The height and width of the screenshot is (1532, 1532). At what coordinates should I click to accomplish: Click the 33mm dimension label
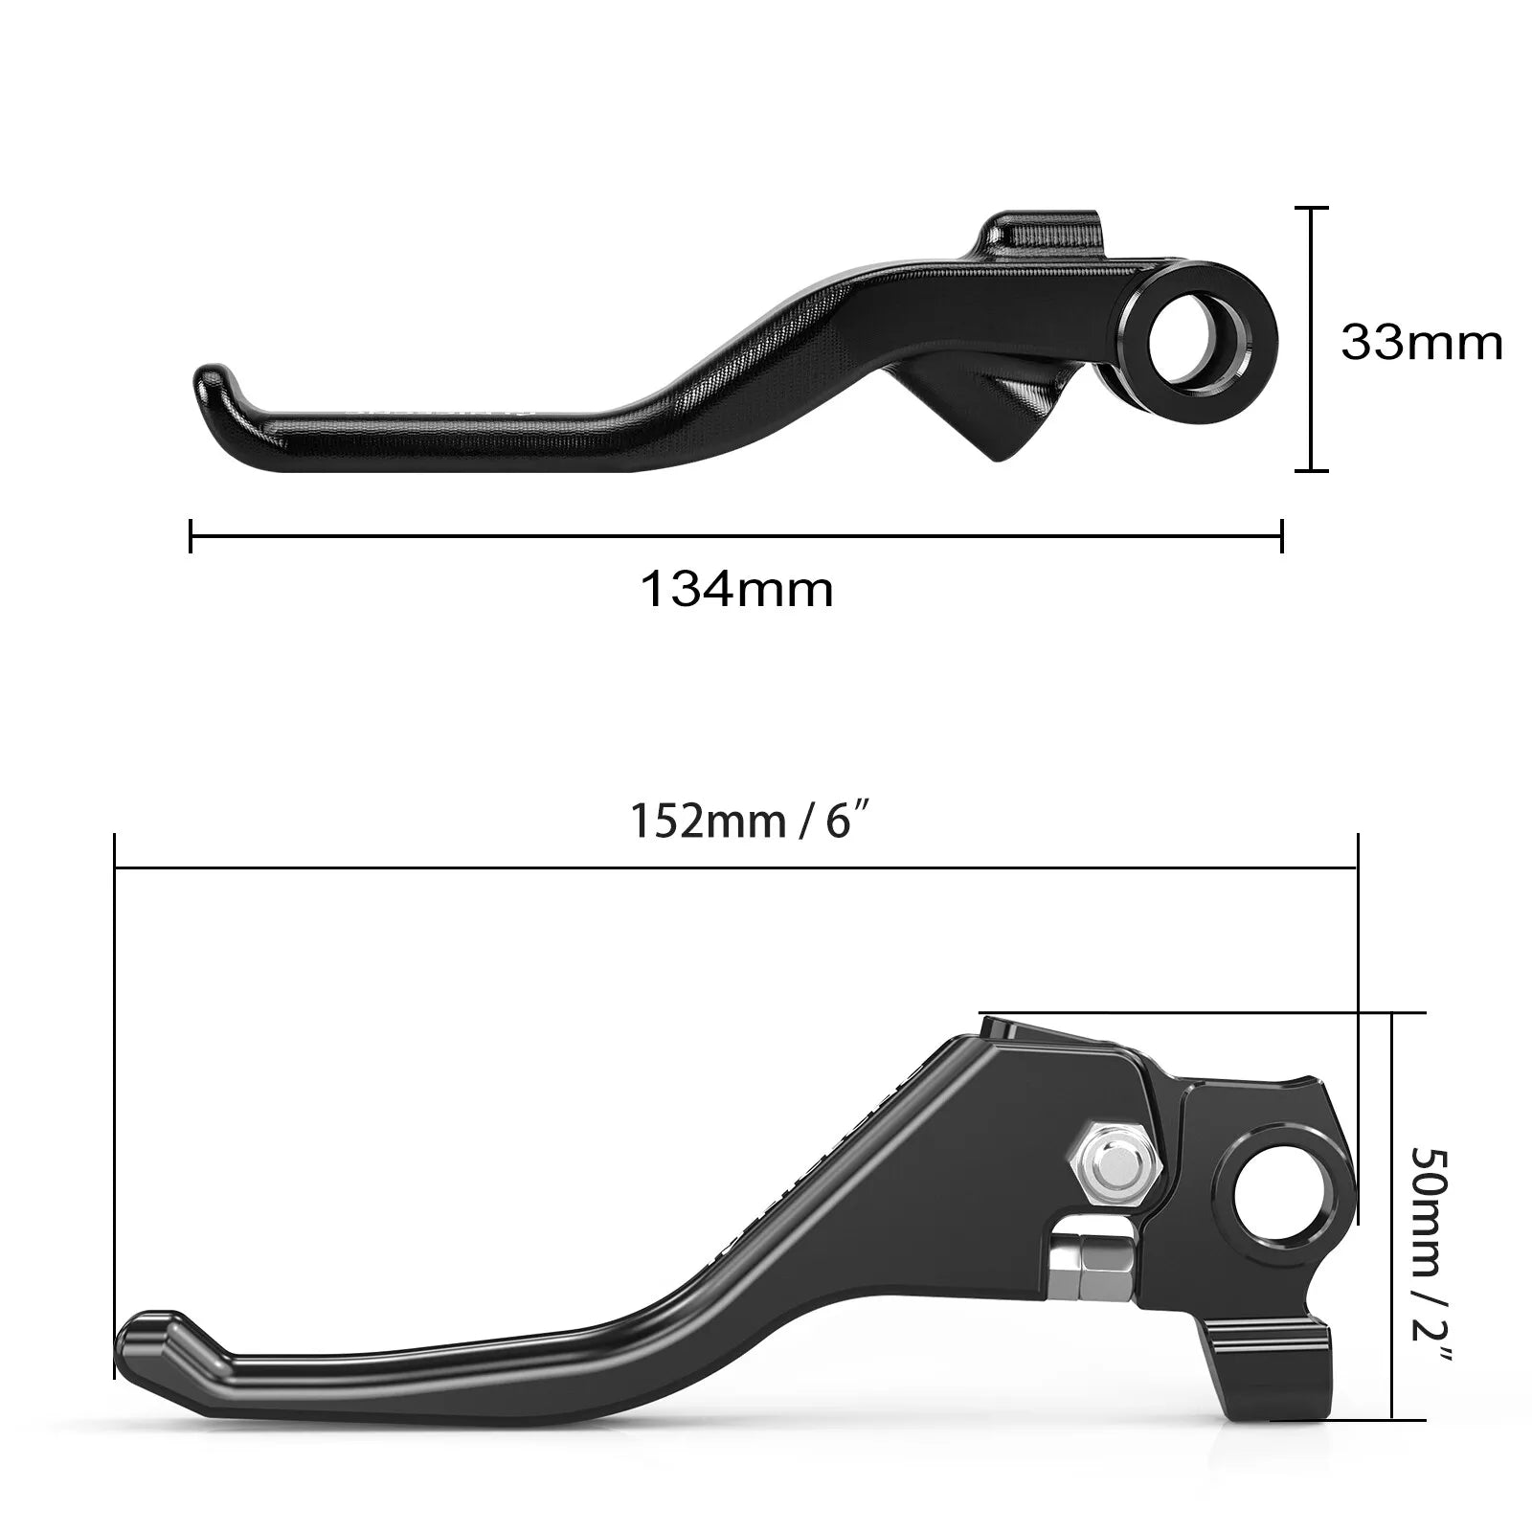[x=1421, y=343]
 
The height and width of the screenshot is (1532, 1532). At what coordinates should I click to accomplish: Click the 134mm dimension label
[x=736, y=590]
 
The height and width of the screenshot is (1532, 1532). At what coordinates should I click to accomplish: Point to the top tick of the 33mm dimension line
[x=1311, y=208]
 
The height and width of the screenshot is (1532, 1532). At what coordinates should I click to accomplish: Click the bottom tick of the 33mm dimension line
[x=1311, y=470]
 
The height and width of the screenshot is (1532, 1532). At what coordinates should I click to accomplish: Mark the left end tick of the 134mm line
[x=191, y=536]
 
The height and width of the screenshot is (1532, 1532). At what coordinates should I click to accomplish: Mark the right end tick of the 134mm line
[x=1281, y=536]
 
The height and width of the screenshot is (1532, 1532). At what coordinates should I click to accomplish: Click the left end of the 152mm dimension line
[x=115, y=868]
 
